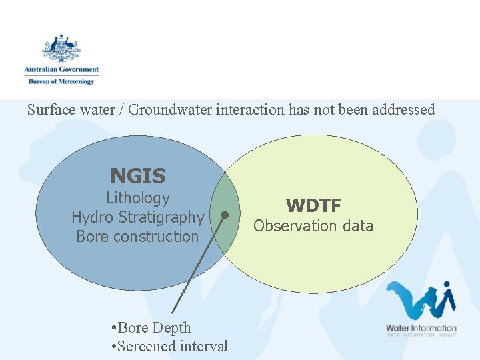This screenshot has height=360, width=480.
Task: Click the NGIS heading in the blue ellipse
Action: [x=138, y=176]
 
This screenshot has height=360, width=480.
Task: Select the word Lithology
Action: [x=138, y=198]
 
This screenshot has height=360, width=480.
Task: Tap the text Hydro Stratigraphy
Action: [x=138, y=217]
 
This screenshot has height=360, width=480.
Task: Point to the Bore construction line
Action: [x=138, y=237]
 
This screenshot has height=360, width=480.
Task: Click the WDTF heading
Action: [x=313, y=205]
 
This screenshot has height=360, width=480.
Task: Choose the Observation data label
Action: [x=313, y=226]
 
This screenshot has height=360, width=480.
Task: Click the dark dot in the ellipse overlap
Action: [x=225, y=215]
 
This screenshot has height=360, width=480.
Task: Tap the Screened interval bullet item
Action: [x=171, y=347]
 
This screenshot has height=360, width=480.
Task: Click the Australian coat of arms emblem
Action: [x=61, y=48]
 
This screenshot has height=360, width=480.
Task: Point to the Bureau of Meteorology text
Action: [x=61, y=81]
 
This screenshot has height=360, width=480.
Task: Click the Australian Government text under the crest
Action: [x=61, y=69]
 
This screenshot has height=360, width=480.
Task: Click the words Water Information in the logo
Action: [x=421, y=327]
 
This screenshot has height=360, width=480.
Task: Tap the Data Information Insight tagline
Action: [x=421, y=335]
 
